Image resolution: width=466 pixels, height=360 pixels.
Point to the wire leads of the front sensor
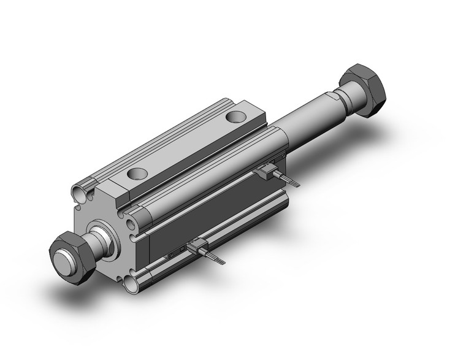click(x=216, y=257)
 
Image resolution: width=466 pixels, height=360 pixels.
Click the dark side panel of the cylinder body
click(x=202, y=209)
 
